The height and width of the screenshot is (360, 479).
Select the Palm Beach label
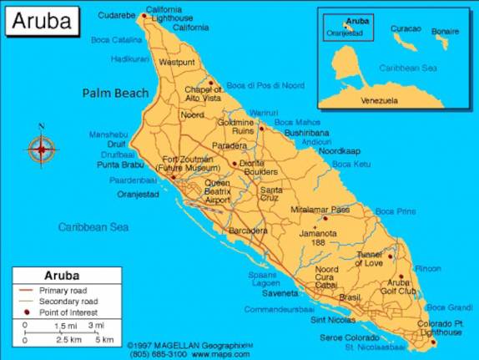pyautogui.click(x=115, y=93)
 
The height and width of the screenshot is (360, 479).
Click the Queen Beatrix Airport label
pyautogui.click(x=217, y=191)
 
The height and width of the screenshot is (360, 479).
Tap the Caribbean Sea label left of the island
pyautogui.click(x=93, y=226)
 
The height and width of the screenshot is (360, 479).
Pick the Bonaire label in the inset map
pyautogui.click(x=445, y=31)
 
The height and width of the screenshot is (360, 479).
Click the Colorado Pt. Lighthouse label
pyautogui.click(x=440, y=327)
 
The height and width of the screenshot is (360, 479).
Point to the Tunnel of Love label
pyautogui.click(x=368, y=259)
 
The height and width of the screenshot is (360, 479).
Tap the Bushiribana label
pyautogui.click(x=306, y=132)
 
